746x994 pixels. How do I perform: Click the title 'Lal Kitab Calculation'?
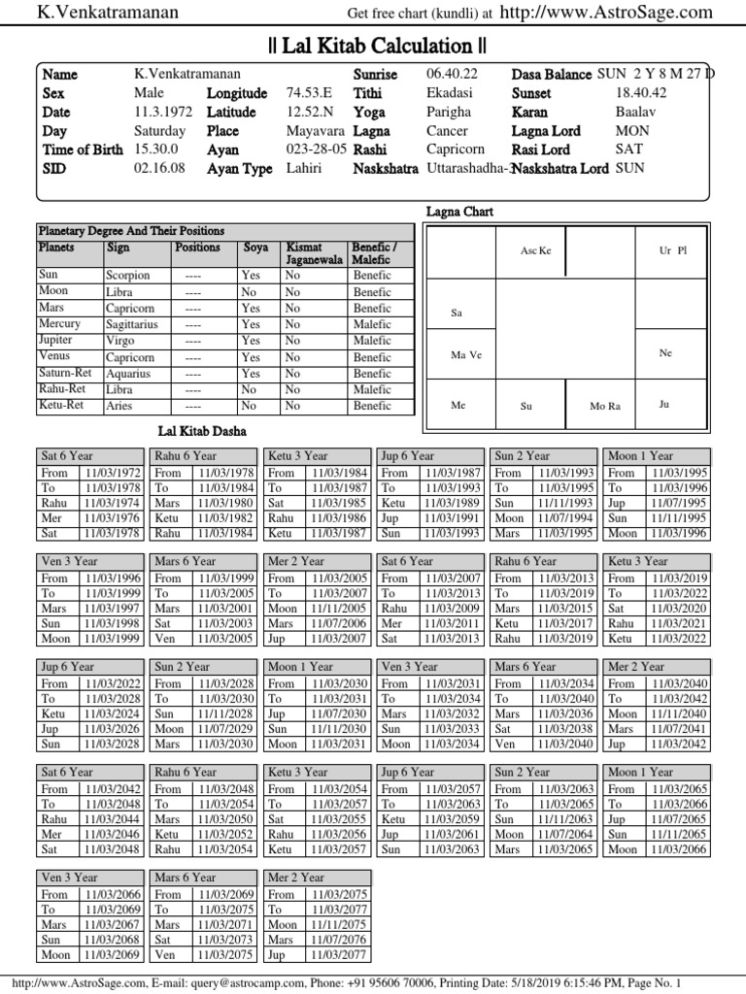click(x=377, y=46)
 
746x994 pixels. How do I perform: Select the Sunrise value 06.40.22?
click(x=453, y=75)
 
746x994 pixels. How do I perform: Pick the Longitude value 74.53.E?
click(x=309, y=93)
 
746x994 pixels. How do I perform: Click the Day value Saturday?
click(x=159, y=131)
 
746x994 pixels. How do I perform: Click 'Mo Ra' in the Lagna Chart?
click(x=605, y=406)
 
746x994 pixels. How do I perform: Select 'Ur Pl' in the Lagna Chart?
click(x=672, y=250)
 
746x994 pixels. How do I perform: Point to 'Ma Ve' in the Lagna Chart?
click(x=465, y=354)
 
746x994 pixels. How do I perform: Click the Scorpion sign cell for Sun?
click(x=127, y=276)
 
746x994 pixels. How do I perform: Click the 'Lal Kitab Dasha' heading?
click(x=202, y=430)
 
